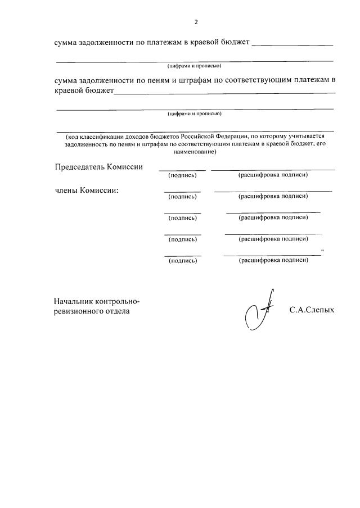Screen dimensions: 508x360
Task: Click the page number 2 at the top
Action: point(196,22)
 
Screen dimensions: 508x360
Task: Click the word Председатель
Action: point(80,167)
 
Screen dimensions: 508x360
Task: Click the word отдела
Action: point(115,310)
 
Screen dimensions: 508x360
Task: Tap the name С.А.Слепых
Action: point(312,309)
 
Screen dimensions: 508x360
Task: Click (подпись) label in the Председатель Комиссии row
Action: point(183,175)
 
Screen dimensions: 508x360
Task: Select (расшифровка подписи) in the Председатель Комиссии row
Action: point(273,175)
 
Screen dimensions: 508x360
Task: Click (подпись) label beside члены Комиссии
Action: point(183,197)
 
